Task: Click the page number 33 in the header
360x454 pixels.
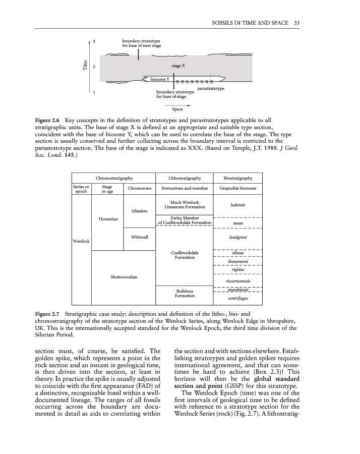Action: [297, 23]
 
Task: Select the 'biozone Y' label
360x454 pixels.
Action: [160, 79]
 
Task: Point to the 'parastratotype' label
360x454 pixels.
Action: [211, 89]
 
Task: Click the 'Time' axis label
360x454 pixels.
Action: [84, 66]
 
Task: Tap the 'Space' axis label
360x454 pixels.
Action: [177, 108]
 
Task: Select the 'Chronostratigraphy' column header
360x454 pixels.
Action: [114, 178]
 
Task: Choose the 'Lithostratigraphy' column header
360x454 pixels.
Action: [185, 178]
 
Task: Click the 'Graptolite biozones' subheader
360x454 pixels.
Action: [238, 189]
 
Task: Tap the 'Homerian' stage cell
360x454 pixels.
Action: [108, 219]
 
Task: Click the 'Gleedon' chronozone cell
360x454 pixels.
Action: [139, 210]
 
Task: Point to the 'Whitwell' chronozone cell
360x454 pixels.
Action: [139, 237]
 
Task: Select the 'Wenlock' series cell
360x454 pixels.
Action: [81, 241]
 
